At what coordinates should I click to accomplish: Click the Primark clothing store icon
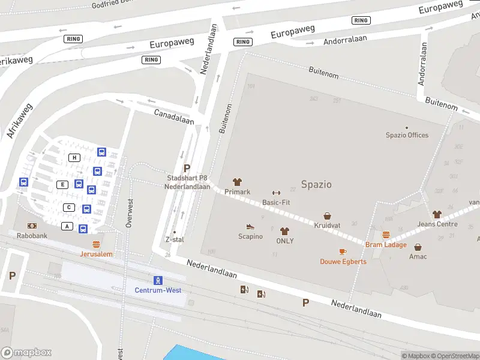237,182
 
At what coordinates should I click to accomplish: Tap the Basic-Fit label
276,202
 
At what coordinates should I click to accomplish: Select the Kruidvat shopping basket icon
328,215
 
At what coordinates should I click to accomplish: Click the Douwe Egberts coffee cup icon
343,251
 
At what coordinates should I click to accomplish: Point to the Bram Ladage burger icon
386,235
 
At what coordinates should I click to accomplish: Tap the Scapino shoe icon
250,226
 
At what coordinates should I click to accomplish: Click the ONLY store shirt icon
284,231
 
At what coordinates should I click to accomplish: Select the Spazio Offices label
407,135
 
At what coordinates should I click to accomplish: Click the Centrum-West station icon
158,280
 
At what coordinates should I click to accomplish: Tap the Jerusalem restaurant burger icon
96,244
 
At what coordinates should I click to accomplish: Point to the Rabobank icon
32,226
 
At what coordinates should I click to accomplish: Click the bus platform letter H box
74,157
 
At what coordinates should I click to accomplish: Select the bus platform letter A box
67,226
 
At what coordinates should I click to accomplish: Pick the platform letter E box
62,184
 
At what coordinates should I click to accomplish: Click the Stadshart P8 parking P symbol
187,169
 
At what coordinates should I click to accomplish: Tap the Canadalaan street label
174,116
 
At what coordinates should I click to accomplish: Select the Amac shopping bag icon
418,247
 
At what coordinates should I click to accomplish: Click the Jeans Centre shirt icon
437,214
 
